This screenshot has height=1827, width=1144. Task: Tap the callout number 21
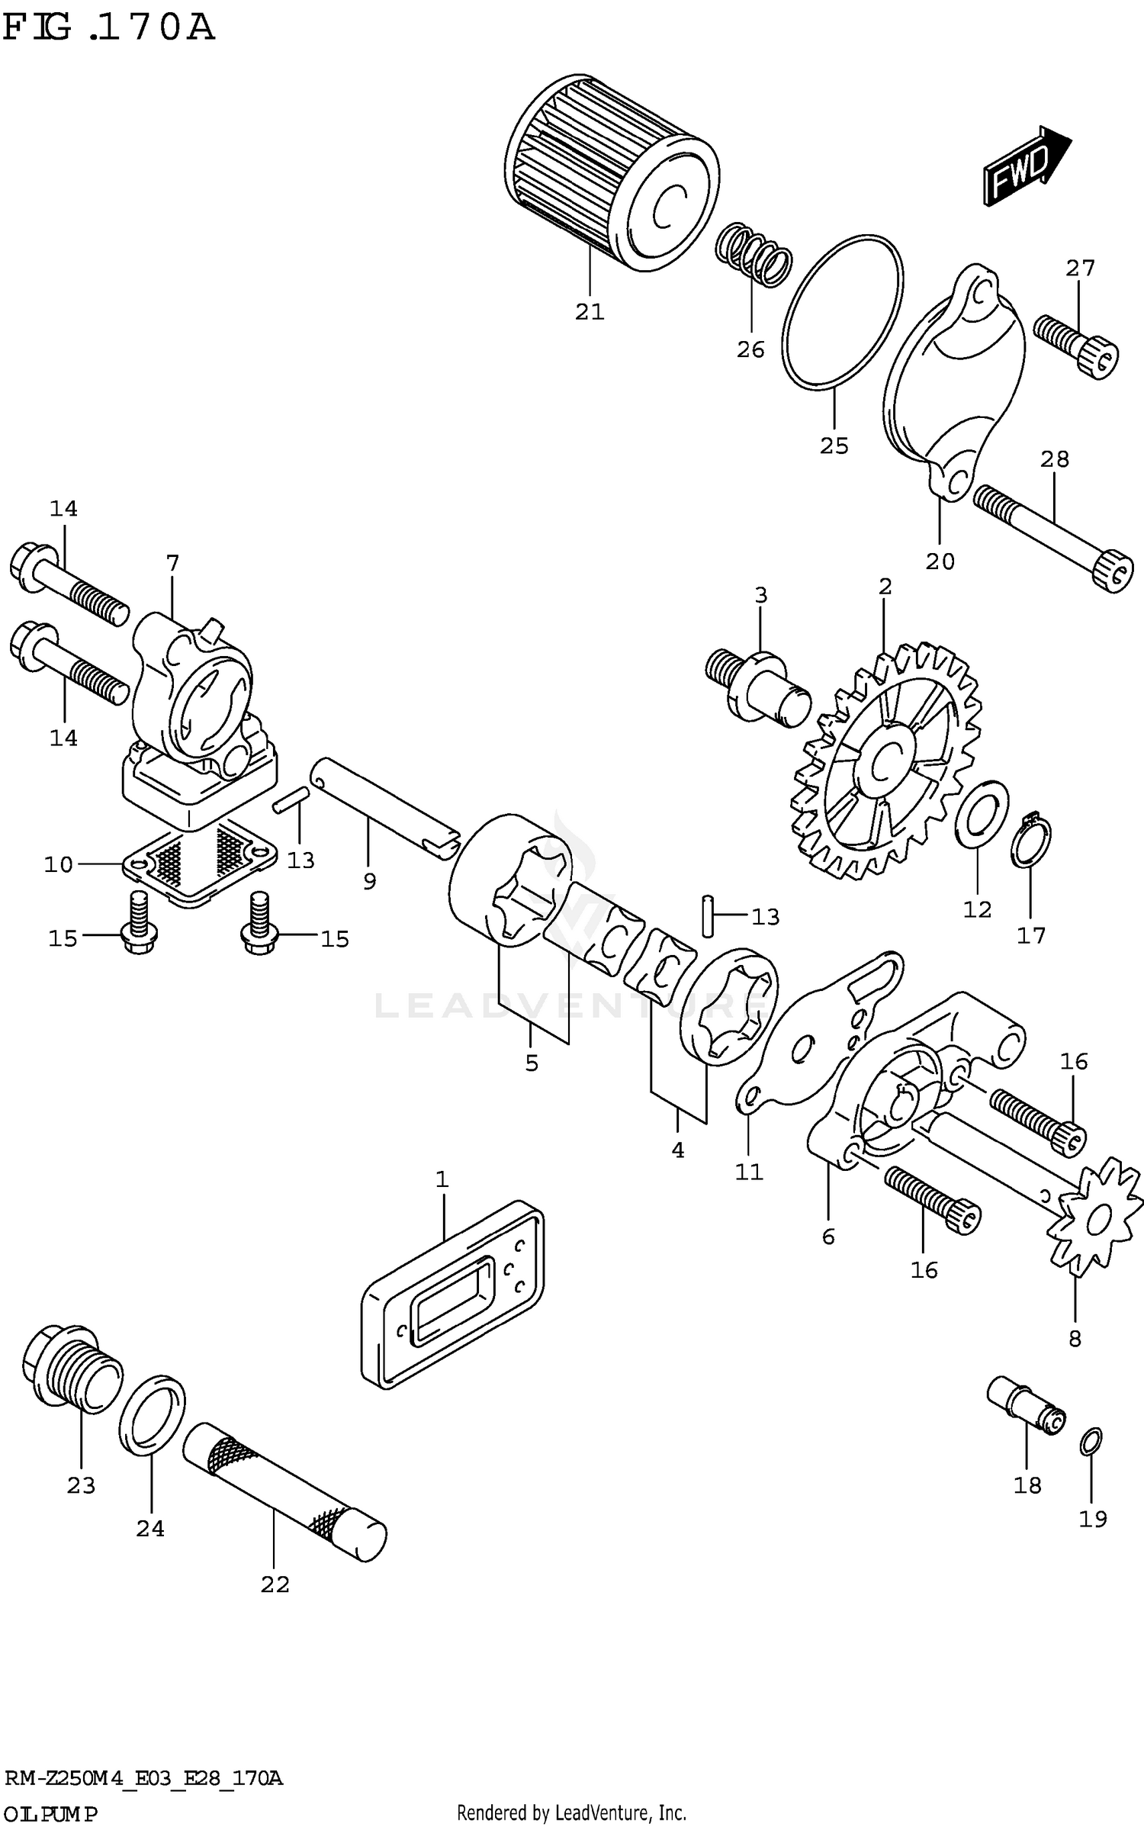point(590,312)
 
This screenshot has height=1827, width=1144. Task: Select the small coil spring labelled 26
point(753,255)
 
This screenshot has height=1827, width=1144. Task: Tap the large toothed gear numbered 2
point(885,763)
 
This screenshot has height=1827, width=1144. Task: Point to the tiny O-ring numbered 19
point(1091,1440)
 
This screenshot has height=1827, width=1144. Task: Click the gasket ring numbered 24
point(152,1413)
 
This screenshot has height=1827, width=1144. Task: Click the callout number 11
point(749,1172)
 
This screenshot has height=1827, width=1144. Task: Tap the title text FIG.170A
point(108,29)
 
